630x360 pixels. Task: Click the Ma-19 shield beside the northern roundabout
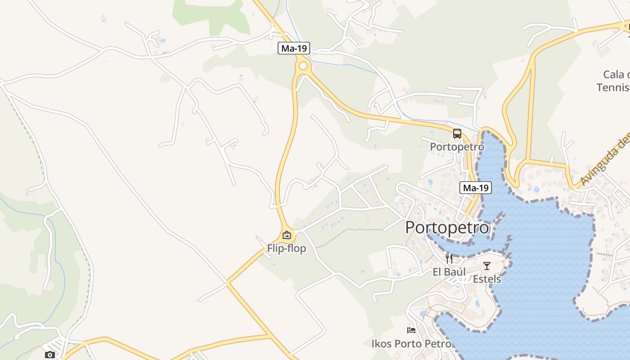tap(294, 48)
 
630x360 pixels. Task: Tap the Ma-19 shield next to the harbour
tap(475, 188)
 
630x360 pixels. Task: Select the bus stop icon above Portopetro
tap(457, 134)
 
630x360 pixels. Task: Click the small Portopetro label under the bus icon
tap(457, 147)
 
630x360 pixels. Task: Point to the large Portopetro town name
tap(447, 228)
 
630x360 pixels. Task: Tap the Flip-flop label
tap(287, 248)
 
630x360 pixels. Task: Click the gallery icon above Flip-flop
tap(287, 235)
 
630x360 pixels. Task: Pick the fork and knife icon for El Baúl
tap(449, 258)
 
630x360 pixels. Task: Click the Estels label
tap(486, 279)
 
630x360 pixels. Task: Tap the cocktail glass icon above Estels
tap(486, 266)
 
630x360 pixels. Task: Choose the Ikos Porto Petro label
tap(411, 344)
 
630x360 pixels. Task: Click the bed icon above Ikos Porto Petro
tap(411, 330)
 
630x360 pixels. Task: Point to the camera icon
tap(50, 355)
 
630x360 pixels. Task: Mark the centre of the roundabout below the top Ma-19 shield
tap(303, 66)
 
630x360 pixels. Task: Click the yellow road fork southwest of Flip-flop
tap(228, 283)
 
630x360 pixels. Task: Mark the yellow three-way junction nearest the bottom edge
tap(270, 335)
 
